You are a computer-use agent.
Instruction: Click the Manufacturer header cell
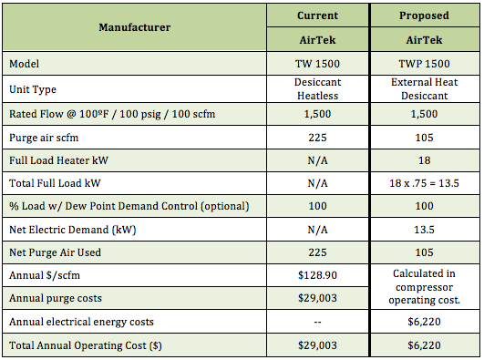click(x=135, y=27)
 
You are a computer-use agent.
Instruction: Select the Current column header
click(x=317, y=15)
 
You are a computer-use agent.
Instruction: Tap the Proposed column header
click(x=424, y=15)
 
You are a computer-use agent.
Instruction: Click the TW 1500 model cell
click(x=317, y=64)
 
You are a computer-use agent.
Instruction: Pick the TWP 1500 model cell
click(x=424, y=64)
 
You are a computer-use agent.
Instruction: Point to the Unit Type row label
click(x=33, y=89)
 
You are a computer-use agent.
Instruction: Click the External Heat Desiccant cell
click(x=425, y=89)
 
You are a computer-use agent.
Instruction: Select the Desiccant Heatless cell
click(x=317, y=89)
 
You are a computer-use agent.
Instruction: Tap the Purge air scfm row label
click(x=44, y=138)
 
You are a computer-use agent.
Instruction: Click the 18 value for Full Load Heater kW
click(x=425, y=160)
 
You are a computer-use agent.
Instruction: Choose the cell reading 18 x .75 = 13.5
click(x=424, y=183)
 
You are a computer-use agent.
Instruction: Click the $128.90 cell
click(x=317, y=275)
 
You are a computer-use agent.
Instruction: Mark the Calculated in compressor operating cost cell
click(x=425, y=287)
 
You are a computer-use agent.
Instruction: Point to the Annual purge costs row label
click(x=56, y=299)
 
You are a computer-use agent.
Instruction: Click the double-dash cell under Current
click(x=317, y=322)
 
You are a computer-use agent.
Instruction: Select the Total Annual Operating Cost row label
click(x=86, y=345)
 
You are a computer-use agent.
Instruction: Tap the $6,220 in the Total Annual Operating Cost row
click(x=425, y=345)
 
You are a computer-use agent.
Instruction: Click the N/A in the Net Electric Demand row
click(x=317, y=230)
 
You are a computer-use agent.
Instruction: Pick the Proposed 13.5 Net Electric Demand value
click(x=425, y=230)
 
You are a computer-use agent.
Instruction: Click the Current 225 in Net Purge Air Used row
click(x=317, y=252)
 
